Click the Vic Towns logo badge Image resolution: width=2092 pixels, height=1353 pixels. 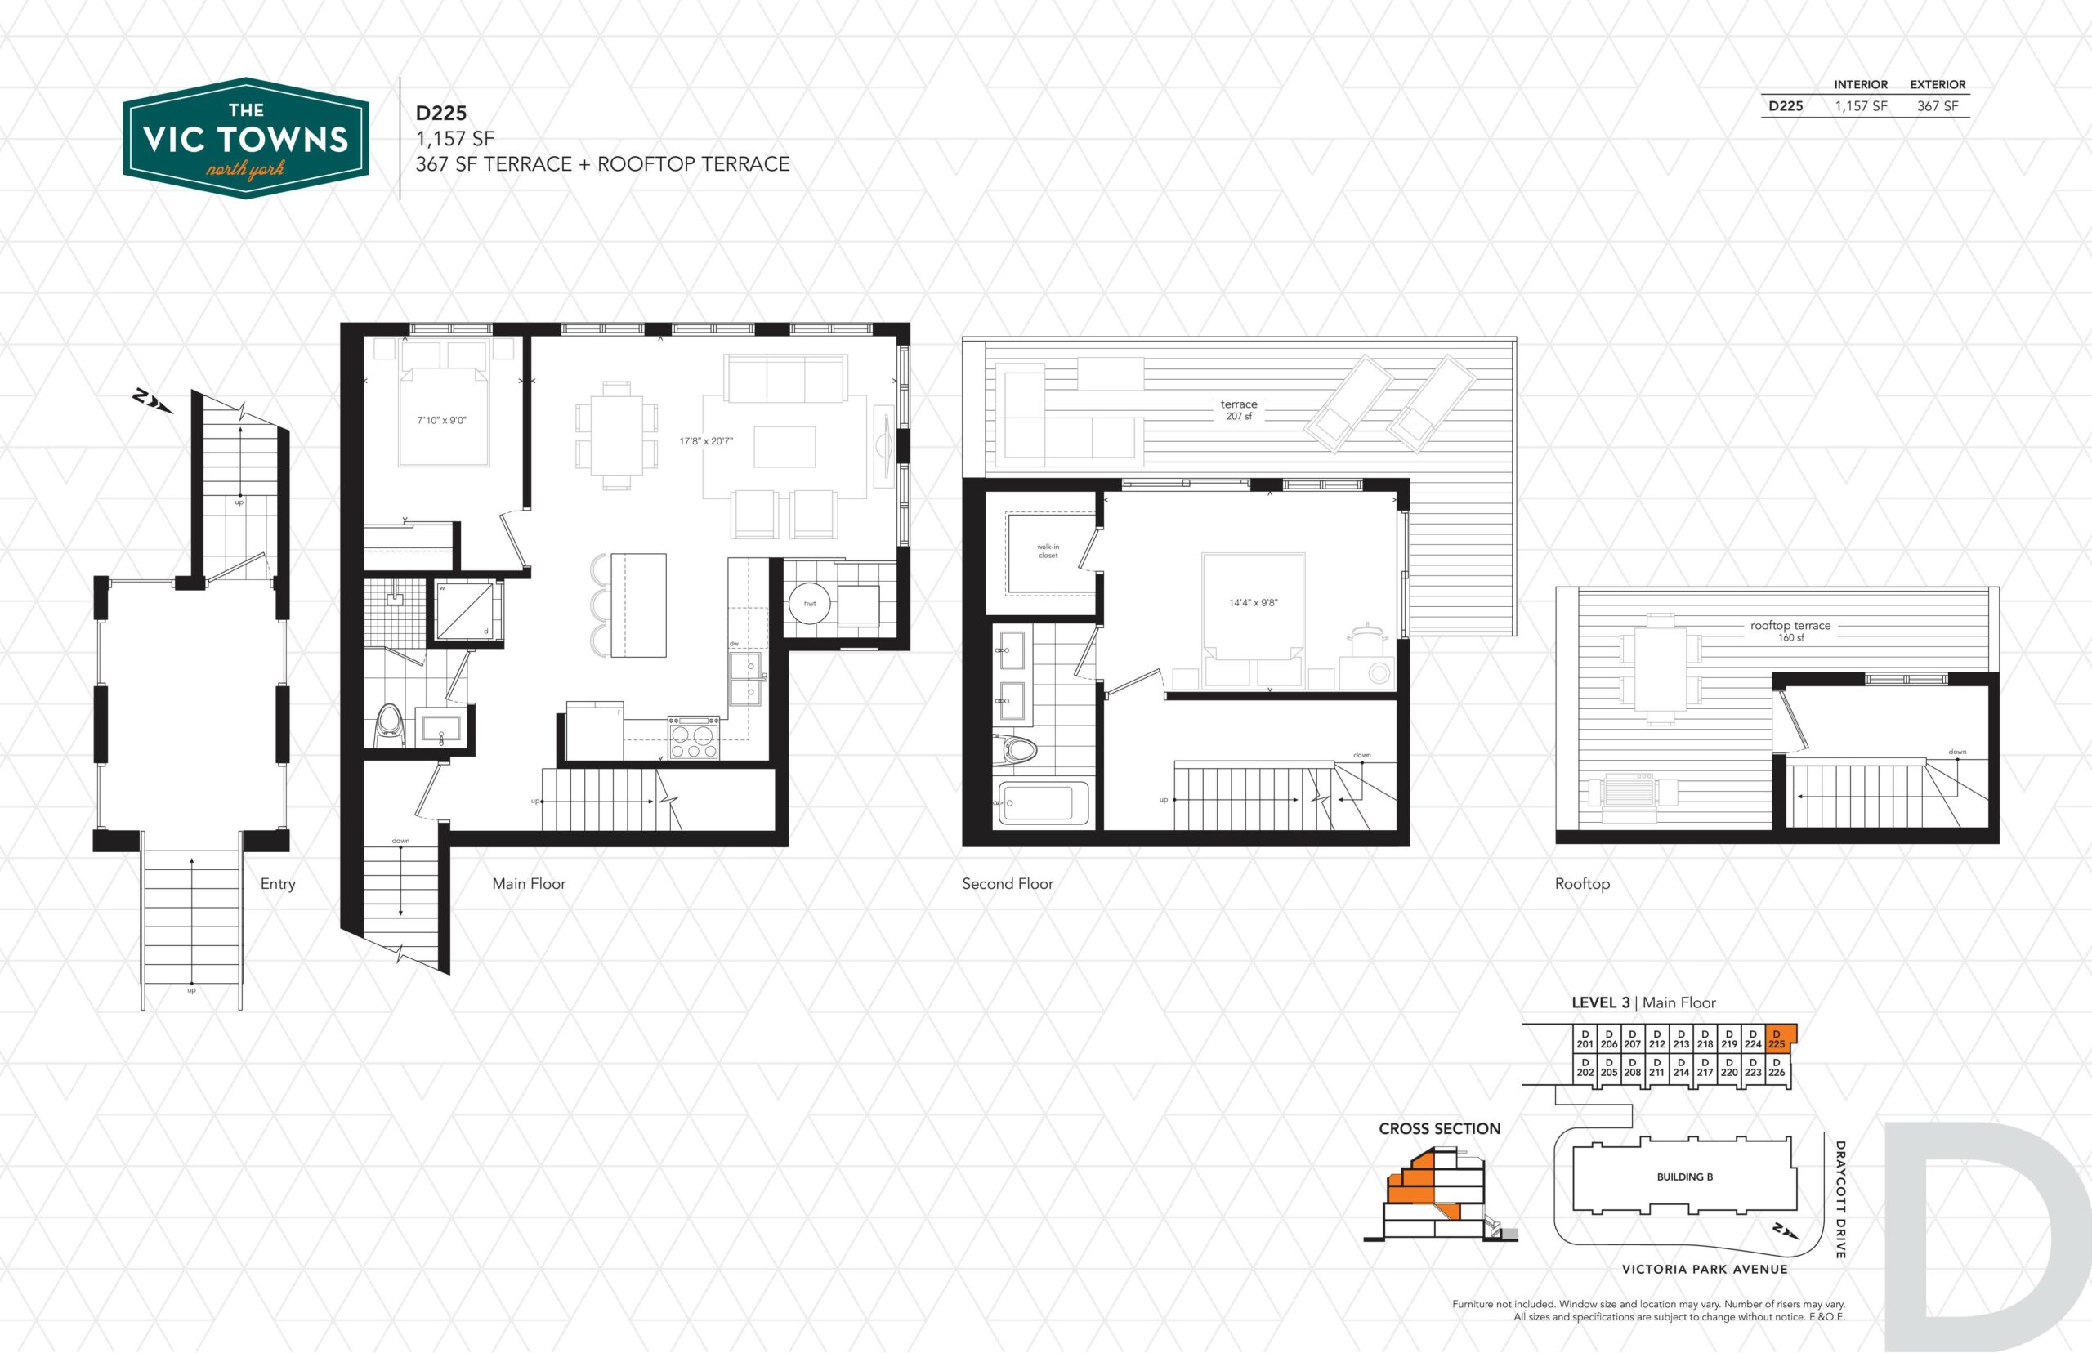coord(246,138)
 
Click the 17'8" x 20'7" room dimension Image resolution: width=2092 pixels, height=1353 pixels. coord(705,441)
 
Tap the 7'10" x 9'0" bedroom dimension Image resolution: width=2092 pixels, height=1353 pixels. coord(442,421)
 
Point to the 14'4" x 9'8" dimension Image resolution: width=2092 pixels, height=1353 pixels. coord(1253,603)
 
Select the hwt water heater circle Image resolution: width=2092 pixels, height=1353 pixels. coord(809,604)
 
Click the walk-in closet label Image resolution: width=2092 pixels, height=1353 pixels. coord(1048,551)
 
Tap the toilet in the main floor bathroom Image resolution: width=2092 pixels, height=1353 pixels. coord(389,726)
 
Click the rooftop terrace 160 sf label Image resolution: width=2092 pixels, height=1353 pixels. coord(1790,631)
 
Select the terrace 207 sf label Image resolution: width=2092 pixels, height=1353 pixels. coord(1239,409)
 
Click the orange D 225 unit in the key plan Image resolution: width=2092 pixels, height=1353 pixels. coord(1777,1038)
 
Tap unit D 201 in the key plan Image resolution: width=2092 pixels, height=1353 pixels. coord(1585,1039)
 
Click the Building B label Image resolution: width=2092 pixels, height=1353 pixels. coord(1684,1177)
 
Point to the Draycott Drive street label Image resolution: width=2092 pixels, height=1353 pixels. coord(1839,1199)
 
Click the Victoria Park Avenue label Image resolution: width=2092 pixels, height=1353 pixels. coord(1705,1269)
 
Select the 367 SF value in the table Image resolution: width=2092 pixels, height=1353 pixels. coord(1938,106)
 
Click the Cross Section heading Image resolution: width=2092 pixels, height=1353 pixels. coord(1439,1129)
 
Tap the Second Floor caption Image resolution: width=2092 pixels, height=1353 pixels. coord(1008,884)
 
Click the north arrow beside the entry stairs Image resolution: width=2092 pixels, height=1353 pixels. coord(152,400)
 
